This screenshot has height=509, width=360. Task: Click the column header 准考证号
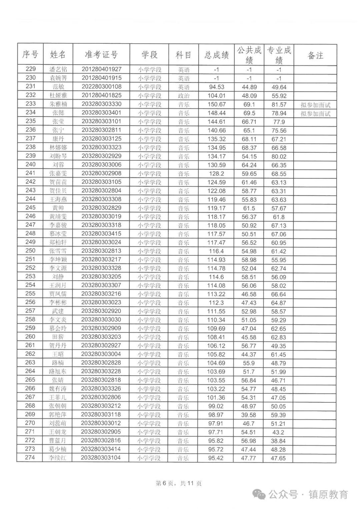[x=101, y=55]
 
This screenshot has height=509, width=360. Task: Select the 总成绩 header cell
[x=217, y=55]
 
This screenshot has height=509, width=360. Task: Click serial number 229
[x=30, y=69]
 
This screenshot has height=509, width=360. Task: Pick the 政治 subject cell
[x=184, y=96]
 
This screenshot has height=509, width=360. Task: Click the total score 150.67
[x=217, y=104]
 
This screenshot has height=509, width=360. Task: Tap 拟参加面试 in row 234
[x=315, y=114]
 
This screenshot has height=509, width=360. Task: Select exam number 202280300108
[x=102, y=87]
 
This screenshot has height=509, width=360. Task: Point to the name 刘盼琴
[x=58, y=156]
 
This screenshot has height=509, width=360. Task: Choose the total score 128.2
[x=216, y=173]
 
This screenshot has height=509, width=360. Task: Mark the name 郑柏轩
[x=58, y=242]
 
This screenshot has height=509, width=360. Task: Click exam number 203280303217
[x=101, y=259]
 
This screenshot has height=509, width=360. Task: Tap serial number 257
[x=30, y=311]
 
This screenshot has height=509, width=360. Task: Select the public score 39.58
[x=249, y=415]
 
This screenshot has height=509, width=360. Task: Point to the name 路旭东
[x=58, y=371]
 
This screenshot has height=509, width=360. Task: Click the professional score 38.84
[x=278, y=441]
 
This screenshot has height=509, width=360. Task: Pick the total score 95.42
[x=216, y=458]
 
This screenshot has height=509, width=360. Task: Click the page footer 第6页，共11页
[x=179, y=483]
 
